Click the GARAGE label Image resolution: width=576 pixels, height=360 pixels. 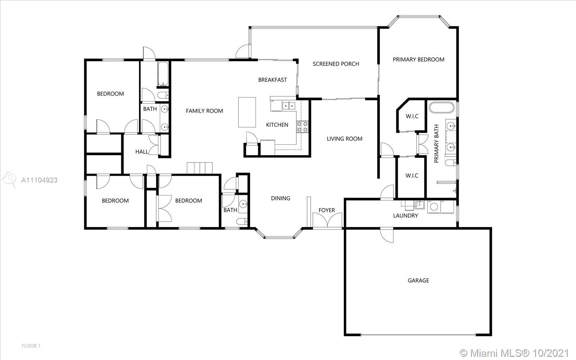(418, 280)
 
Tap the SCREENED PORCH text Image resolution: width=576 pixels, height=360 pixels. (336, 64)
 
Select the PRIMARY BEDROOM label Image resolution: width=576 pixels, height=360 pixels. (418, 59)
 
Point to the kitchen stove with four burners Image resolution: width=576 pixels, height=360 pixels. (302, 126)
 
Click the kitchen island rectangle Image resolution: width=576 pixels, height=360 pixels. (247, 112)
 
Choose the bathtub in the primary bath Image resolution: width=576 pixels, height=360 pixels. (441, 108)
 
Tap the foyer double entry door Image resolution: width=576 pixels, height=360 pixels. (327, 220)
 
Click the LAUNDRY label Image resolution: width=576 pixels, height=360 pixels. (405, 216)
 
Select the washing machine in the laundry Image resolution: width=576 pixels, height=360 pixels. (434, 207)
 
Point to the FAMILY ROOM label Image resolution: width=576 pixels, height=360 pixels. (204, 111)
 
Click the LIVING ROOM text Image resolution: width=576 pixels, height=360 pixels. (345, 139)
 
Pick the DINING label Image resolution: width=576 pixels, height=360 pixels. (280, 198)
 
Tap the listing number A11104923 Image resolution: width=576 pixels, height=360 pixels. (39, 180)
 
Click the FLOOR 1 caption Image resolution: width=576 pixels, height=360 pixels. (31, 346)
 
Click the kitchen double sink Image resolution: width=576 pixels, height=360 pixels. (289, 106)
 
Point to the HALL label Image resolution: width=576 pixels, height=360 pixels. (142, 152)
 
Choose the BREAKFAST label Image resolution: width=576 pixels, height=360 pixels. (273, 80)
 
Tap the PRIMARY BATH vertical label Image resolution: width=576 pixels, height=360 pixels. (436, 144)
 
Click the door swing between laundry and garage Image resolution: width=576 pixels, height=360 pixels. (387, 235)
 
